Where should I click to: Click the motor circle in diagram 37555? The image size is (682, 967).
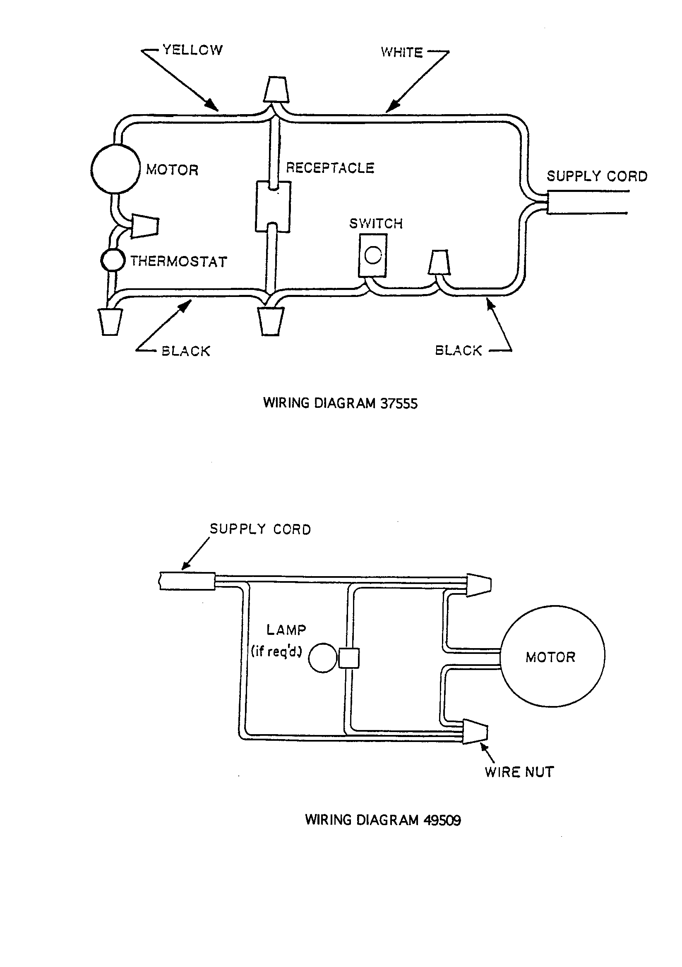115,169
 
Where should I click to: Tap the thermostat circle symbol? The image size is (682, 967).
113,260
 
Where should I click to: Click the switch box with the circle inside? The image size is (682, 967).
372,255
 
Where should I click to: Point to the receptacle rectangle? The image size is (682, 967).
273,206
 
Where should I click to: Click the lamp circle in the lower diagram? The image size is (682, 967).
322,658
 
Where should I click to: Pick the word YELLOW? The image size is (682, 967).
192,50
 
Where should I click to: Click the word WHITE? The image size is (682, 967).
401,52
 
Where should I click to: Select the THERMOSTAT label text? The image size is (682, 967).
179,261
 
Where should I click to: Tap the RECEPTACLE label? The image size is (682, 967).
330,168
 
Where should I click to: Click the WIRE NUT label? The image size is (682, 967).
519,772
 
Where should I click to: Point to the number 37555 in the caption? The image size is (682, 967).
399,404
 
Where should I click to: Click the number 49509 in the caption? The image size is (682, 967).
442,820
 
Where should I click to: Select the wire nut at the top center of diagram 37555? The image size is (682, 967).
276,89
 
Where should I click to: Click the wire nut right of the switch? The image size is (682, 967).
439,262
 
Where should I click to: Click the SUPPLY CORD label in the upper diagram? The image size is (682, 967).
597,176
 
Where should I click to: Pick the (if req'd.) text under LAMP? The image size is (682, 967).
276,651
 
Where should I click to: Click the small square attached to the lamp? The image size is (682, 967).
348,658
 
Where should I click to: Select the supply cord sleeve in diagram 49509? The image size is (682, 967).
187,581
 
